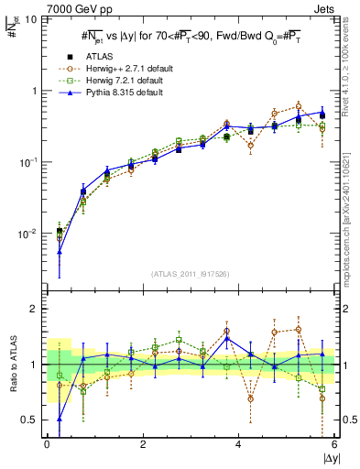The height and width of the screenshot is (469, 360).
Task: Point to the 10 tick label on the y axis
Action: pos(29,19)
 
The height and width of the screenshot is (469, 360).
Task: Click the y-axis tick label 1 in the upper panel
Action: pos(34,91)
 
